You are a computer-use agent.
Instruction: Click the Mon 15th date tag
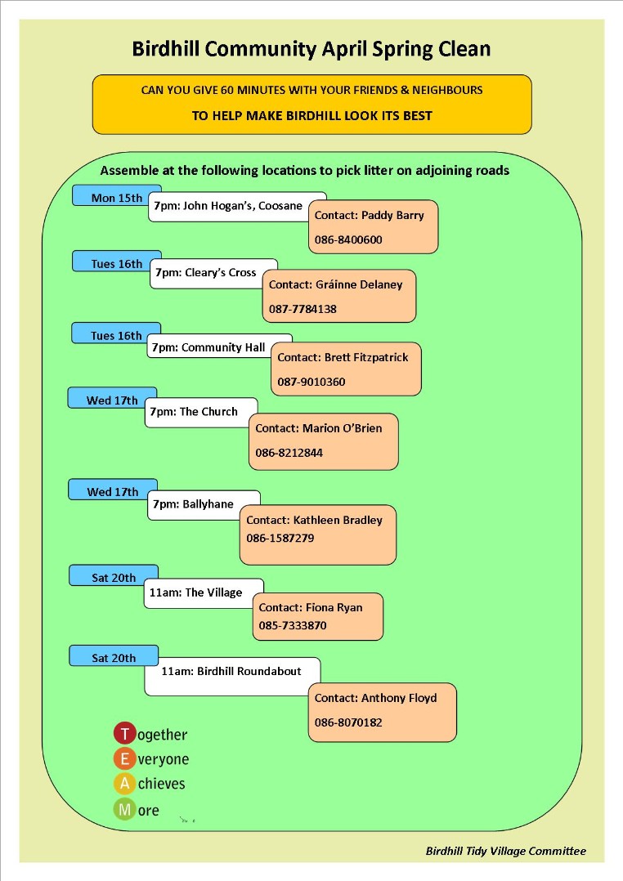tap(117, 195)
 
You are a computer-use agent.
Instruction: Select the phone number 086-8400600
tap(348, 240)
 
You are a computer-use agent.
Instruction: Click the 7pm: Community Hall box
tap(219, 347)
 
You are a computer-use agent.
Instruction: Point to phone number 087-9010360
tap(311, 382)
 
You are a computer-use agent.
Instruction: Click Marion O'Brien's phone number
tap(289, 453)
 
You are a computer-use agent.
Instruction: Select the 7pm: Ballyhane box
tap(204, 504)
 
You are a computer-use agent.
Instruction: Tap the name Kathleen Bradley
tap(338, 521)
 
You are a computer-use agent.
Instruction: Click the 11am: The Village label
tap(204, 593)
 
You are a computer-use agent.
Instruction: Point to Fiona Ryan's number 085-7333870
tap(293, 625)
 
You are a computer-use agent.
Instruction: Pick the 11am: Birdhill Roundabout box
tap(232, 676)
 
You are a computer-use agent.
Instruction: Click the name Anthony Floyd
tap(399, 698)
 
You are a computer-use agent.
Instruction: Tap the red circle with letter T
tap(125, 734)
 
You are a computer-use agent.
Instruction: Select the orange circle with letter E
tap(125, 758)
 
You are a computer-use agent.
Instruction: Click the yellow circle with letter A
tap(125, 783)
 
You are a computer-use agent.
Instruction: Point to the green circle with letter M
tap(125, 810)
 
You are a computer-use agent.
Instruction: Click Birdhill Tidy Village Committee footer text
tap(505, 852)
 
